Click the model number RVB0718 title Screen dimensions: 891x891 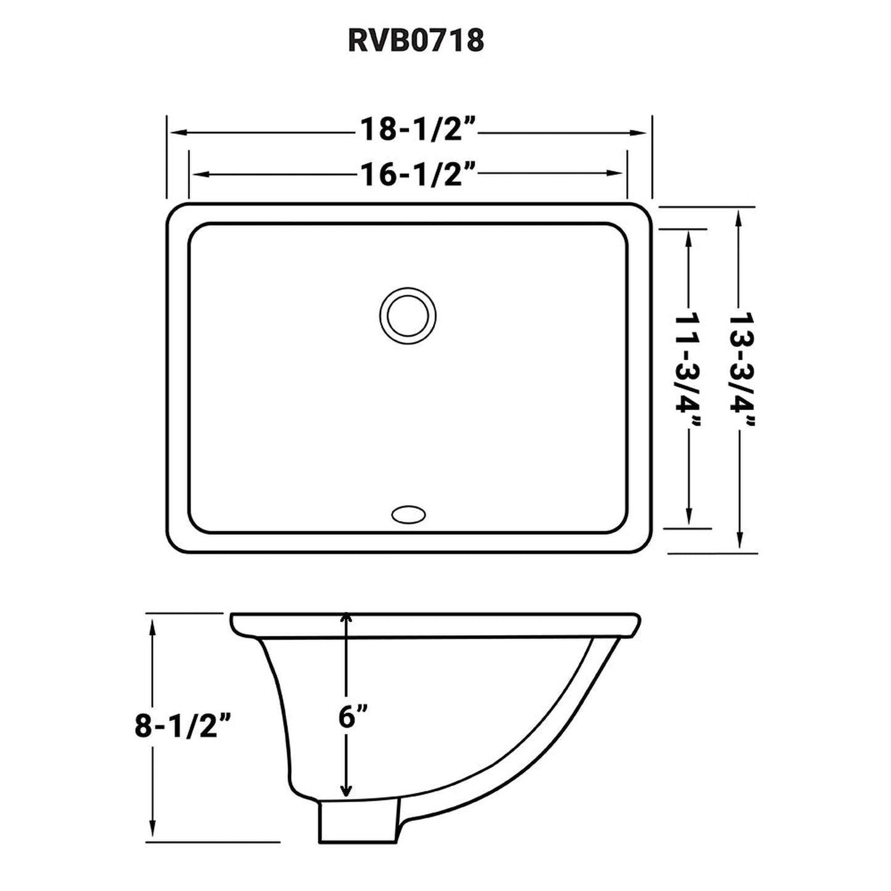416,41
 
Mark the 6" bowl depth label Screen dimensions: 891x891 353,716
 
